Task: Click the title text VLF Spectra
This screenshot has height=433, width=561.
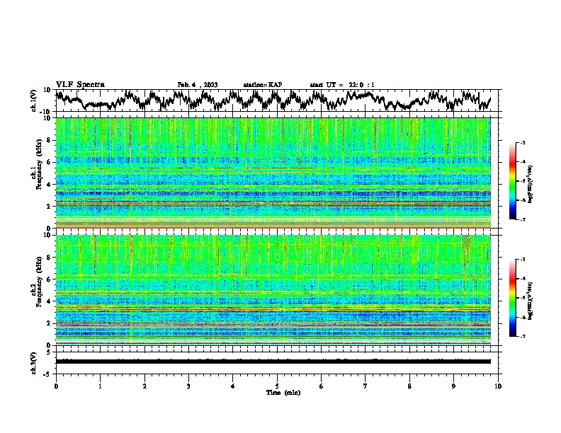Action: coord(80,84)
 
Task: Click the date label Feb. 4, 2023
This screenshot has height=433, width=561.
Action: coord(197,85)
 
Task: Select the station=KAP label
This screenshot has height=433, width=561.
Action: coord(263,85)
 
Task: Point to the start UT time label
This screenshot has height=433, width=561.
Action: coord(342,85)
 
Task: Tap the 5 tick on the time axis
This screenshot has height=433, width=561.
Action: coord(277,386)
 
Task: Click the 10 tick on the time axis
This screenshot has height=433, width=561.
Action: coord(498,386)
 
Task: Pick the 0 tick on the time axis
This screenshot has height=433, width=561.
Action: coord(56,386)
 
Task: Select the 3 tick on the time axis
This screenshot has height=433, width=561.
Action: coord(188,386)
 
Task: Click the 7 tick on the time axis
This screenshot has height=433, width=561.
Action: coord(365,386)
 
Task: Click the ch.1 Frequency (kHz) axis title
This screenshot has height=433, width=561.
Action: coord(36,170)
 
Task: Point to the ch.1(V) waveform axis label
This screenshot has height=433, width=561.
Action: coord(34,100)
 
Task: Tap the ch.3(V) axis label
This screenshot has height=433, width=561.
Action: coord(34,362)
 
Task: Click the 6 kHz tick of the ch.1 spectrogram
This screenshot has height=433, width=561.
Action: coord(50,162)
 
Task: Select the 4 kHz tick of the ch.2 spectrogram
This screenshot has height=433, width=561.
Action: coord(50,301)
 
